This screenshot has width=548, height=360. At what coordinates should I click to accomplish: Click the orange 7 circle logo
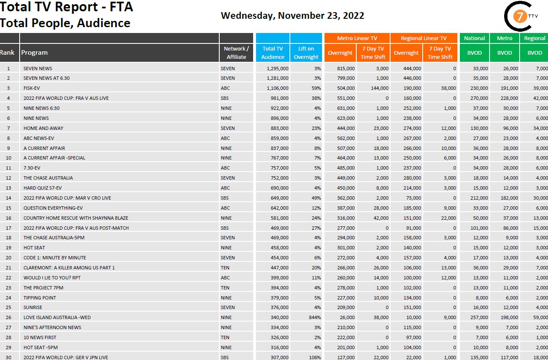pos(520,17)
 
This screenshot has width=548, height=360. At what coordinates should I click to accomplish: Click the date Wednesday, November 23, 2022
pos(292,16)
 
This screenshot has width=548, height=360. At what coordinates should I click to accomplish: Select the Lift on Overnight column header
pos(306,53)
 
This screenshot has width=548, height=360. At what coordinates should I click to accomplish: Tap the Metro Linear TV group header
pos(357,38)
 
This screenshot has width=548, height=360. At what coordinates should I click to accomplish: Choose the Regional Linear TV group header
pos(424,38)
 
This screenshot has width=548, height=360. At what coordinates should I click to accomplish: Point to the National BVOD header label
pos(474,38)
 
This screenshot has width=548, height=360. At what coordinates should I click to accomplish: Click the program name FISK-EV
pos(32,88)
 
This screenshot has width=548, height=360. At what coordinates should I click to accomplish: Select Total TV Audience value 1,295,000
pos(277,68)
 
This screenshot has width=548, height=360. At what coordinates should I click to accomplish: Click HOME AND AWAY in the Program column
pos(43,128)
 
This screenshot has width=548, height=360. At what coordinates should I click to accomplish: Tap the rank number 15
pos(8,208)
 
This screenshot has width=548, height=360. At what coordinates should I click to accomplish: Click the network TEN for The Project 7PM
pos(225,288)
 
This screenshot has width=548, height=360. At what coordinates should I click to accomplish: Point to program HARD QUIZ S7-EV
pos(43,188)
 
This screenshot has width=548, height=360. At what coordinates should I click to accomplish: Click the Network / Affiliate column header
pos(236,53)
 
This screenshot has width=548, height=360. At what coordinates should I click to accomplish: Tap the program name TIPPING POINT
pos(40,298)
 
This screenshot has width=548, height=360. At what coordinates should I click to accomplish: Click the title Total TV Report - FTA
pos(66,7)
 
